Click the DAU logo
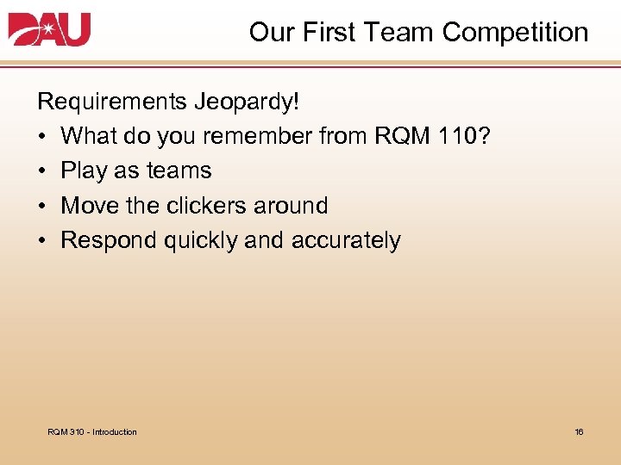(49, 30)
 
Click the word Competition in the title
(515, 33)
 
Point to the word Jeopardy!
(249, 102)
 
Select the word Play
(84, 170)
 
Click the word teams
(179, 170)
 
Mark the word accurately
(346, 240)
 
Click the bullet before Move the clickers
(42, 206)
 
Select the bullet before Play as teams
(42, 170)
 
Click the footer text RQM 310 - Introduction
(92, 431)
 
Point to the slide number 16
(579, 431)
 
